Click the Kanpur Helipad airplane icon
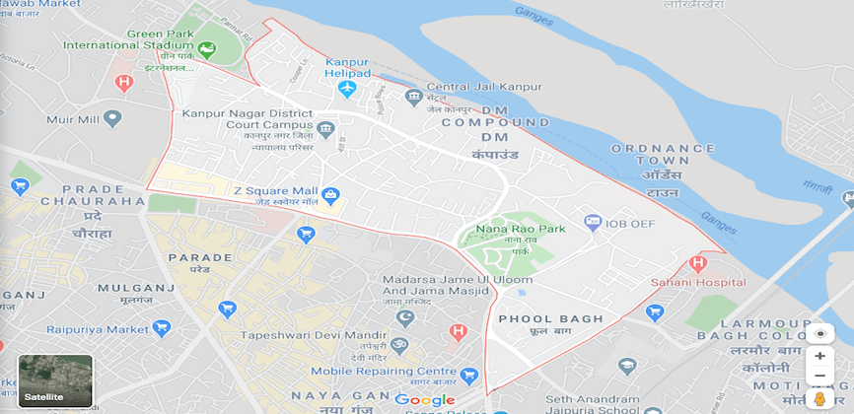[346, 90]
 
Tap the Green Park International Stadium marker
[207, 48]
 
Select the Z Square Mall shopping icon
[330, 194]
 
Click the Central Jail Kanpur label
[483, 87]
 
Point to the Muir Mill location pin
[112, 119]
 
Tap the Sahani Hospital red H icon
[698, 263]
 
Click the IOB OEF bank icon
[593, 224]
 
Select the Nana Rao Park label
[521, 229]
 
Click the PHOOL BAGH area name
[536, 319]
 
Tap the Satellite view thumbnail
[55, 381]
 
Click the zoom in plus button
[819, 356]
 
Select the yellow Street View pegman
[818, 398]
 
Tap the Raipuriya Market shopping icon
[162, 327]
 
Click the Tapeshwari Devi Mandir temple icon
[399, 344]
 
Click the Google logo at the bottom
[425, 400]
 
